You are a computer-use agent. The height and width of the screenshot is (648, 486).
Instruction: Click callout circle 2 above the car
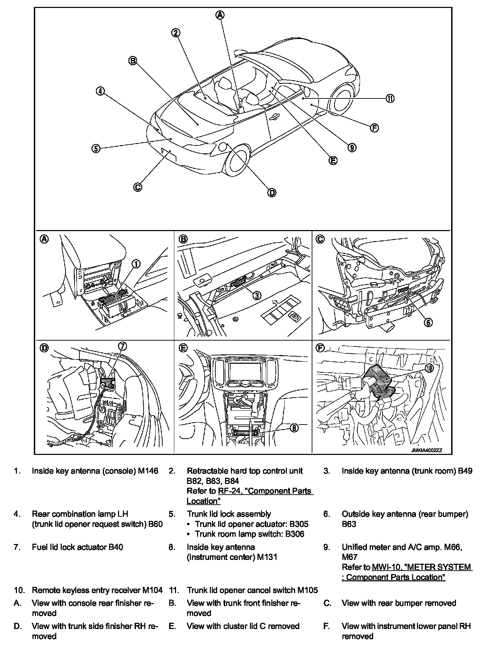176,33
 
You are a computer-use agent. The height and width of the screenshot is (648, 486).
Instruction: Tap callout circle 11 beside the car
390,98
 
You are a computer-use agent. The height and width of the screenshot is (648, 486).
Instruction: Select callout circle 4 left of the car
100,91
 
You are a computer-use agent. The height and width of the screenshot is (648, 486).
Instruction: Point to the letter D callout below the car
272,192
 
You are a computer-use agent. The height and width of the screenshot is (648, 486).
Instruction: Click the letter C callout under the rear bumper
137,187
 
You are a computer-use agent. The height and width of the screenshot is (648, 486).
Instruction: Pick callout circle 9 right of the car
352,147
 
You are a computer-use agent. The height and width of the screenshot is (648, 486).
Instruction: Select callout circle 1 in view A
136,264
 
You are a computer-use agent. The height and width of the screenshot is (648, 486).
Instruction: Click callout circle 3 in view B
257,295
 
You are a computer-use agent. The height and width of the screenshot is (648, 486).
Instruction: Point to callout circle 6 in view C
428,322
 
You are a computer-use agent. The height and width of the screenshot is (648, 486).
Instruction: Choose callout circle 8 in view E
294,428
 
